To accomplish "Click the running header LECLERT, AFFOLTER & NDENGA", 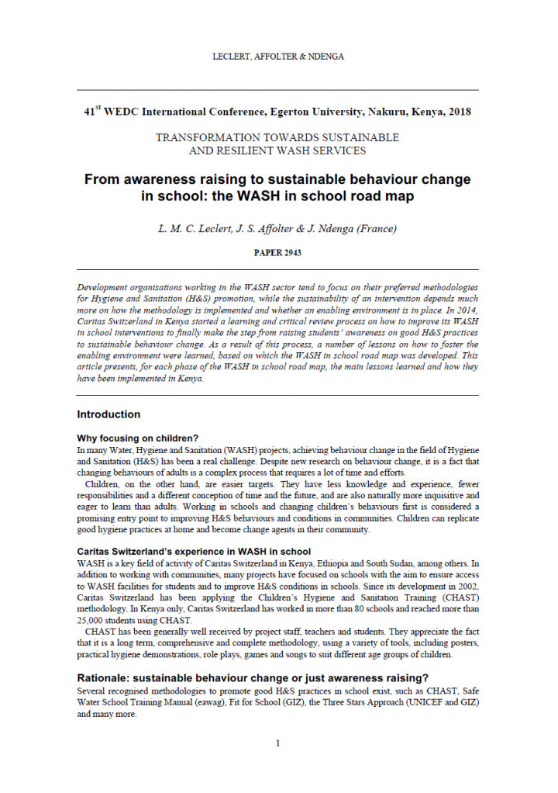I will [278, 57].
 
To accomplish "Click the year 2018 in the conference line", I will [455, 112].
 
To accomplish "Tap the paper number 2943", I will [291, 253].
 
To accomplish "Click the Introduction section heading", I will [108, 414].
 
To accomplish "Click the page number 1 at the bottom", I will [278, 743].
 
